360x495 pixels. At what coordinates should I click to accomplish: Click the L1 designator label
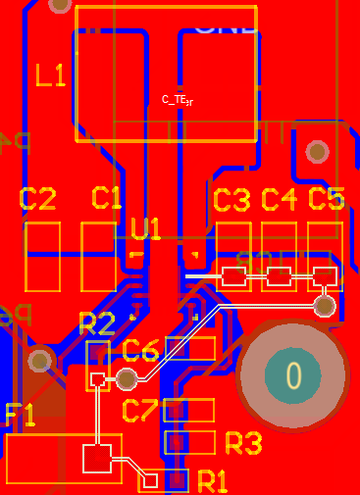pos(50,75)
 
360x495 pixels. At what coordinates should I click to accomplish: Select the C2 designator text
pos(38,200)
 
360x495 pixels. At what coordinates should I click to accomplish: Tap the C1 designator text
pos(106,198)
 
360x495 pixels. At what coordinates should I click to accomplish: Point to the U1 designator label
pos(145,230)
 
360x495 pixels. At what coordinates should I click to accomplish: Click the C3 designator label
pos(231,201)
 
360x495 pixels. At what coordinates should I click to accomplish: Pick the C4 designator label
pos(279,201)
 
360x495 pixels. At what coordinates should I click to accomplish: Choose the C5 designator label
pos(326,200)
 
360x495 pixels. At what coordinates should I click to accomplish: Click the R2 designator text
pos(96,323)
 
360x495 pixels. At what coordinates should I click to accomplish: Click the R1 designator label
pos(212,481)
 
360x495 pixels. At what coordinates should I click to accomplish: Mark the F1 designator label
pos(21,416)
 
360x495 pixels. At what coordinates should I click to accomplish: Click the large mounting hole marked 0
pos(292,374)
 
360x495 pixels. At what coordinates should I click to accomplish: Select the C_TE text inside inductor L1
pos(178,100)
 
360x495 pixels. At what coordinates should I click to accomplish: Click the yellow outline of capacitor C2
pos(42,256)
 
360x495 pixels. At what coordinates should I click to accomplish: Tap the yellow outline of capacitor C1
pos(98,256)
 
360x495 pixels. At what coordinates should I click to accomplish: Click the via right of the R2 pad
pos(126,378)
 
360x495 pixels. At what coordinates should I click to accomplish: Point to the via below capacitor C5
pos(325,306)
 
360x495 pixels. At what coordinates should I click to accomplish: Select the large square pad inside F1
pos(96,458)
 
